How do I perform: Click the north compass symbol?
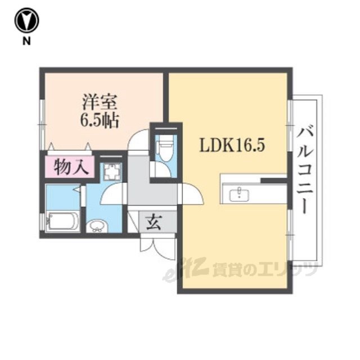(x=26, y=20)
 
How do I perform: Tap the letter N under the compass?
(x=26, y=41)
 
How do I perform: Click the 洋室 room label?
(x=100, y=102)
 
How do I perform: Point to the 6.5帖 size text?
(x=100, y=120)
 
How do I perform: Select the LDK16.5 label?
(x=232, y=145)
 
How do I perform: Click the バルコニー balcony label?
(x=305, y=171)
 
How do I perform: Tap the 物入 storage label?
(x=71, y=167)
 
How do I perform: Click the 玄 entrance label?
(x=154, y=222)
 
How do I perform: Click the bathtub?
(x=62, y=221)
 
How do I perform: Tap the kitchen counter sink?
(x=240, y=194)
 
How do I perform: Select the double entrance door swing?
(x=158, y=247)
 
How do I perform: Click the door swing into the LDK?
(x=191, y=193)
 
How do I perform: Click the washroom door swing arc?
(x=113, y=193)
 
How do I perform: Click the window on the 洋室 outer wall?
(x=42, y=125)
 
